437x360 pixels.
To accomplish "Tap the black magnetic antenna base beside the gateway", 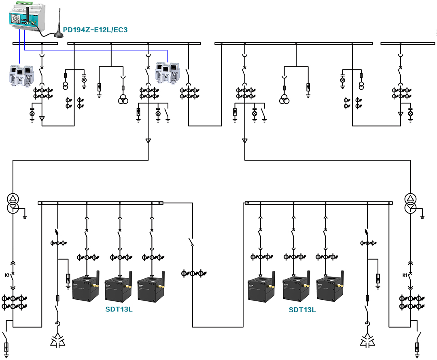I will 59,34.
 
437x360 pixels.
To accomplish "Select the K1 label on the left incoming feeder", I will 8,275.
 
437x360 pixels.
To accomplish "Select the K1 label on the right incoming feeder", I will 405,275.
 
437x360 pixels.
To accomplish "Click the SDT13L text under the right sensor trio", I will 302,310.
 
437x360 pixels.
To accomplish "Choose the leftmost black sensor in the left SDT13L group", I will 85,288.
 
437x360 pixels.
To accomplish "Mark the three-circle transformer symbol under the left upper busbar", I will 123,100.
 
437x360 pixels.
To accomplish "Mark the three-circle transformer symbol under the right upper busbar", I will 285,99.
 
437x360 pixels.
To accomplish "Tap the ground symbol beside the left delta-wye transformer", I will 25,217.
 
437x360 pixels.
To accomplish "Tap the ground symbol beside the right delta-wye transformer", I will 423,217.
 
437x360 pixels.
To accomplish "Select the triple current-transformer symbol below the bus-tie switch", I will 192,273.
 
